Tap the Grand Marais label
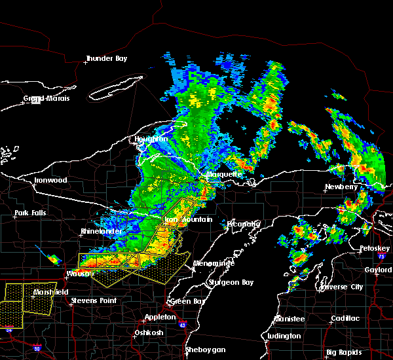click(47, 99)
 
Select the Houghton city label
click(151, 139)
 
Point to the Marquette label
click(223, 175)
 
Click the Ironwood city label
click(51, 180)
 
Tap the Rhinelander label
click(100, 231)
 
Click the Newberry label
click(342, 187)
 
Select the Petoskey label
click(375, 249)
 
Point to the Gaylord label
click(378, 269)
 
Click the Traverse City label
click(341, 287)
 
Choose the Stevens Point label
click(94, 300)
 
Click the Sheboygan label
click(205, 350)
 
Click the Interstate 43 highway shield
click(182, 325)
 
